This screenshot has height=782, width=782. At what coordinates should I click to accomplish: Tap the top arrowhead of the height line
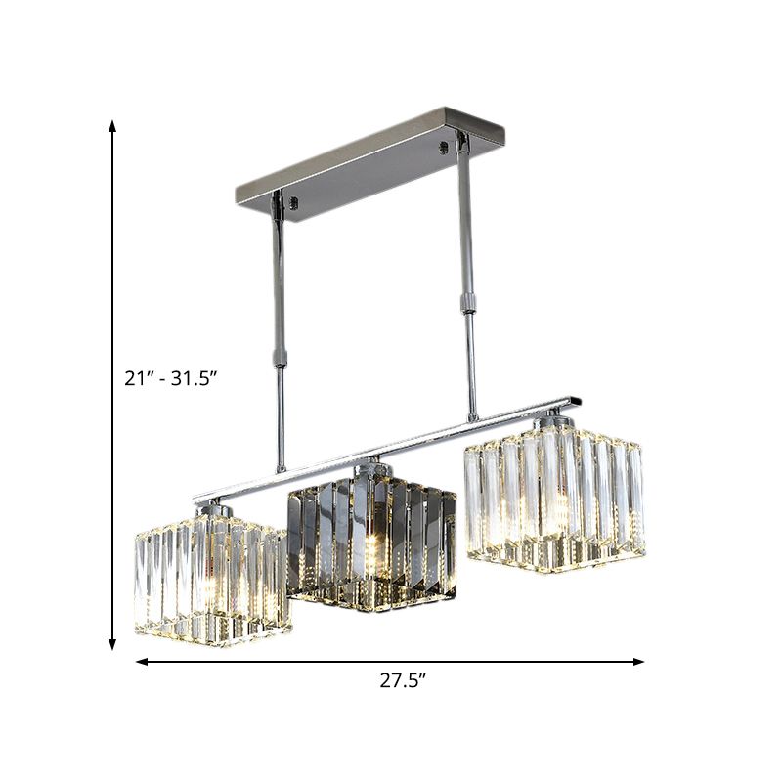tap(113, 126)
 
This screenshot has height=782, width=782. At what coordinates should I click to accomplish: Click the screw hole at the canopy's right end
tap(450, 147)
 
